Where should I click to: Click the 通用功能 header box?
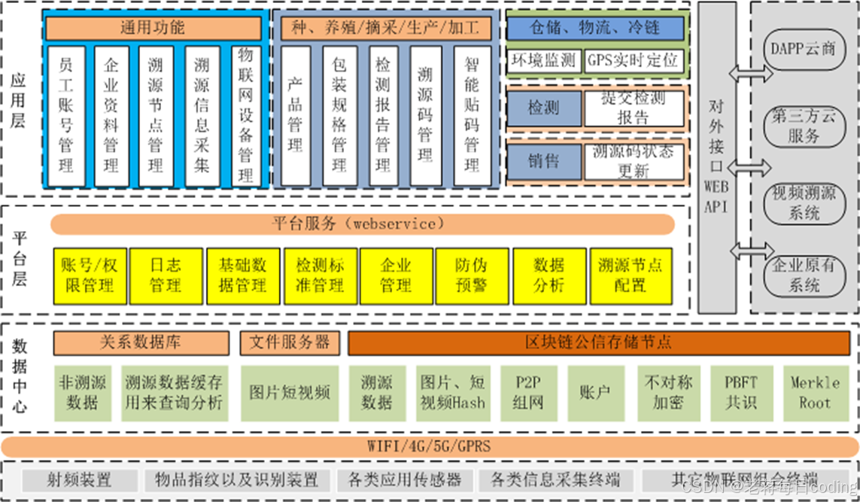point(153,29)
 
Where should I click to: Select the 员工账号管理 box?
point(66,116)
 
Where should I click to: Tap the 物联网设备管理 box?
point(245,116)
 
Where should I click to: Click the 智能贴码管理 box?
point(472,116)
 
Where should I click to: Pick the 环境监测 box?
point(543,60)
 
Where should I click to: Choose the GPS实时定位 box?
point(634,60)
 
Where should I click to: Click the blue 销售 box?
point(543,160)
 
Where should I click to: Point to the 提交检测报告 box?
point(634,108)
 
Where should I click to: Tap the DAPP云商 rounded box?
point(804,49)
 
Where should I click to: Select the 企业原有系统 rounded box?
point(804,275)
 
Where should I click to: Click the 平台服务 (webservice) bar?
point(363,224)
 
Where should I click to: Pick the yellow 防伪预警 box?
point(471,275)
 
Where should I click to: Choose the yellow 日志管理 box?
point(165,275)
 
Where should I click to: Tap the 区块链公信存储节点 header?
point(598,342)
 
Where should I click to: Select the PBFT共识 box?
point(741,392)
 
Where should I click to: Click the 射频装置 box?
point(79,479)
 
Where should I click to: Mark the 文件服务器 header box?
point(290,342)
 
